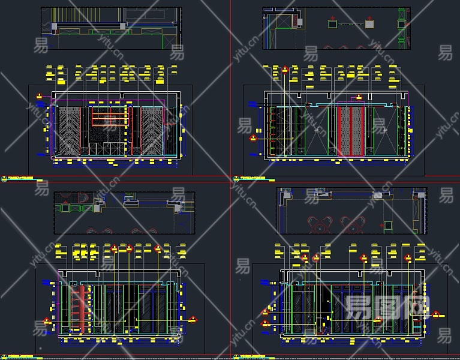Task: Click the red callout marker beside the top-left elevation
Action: [x=40, y=95]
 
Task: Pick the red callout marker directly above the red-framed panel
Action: [x=358, y=97]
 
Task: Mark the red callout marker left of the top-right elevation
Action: [x=253, y=139]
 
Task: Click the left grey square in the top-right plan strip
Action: [x=332, y=23]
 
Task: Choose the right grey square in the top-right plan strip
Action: [x=369, y=23]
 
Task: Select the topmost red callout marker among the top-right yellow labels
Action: [x=285, y=70]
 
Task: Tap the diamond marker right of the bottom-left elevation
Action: [x=193, y=319]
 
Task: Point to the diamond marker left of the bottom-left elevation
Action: [x=47, y=321]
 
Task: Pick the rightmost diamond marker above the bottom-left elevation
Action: [x=158, y=248]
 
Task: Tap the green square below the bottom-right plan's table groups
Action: [x=387, y=226]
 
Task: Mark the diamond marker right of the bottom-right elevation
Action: [x=436, y=314]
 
